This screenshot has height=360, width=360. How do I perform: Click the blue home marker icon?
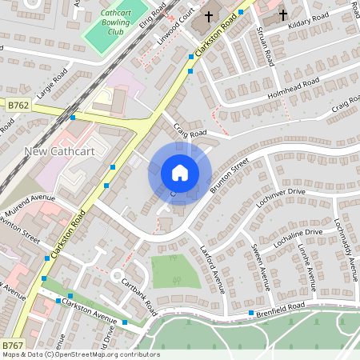point(180,173)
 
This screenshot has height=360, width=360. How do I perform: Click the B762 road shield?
point(17,105)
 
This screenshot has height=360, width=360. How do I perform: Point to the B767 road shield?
point(12,345)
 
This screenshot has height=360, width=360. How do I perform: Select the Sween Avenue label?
point(261,265)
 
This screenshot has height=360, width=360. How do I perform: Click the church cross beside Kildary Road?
point(282,15)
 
